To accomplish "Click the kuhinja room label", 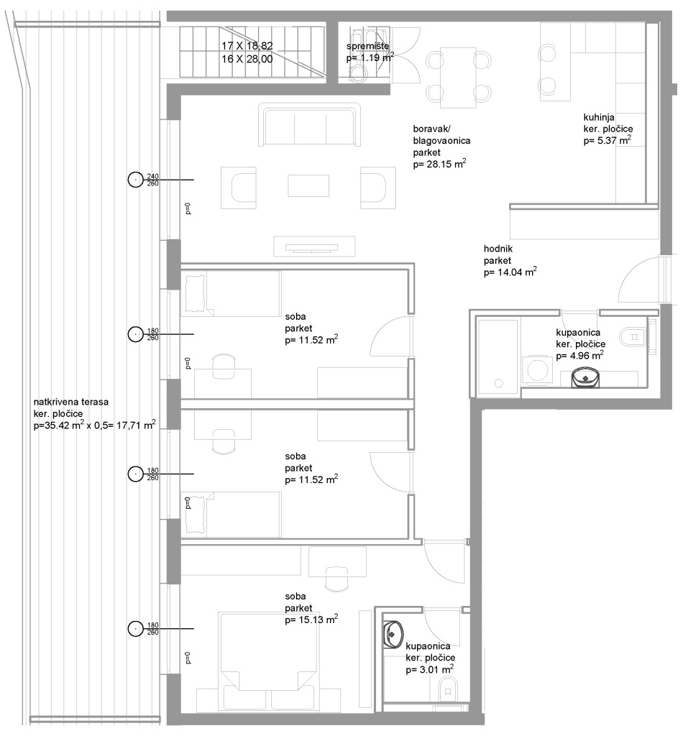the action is [x=598, y=117].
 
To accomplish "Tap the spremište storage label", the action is [x=367, y=46].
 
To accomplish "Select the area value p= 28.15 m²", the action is [x=439, y=164].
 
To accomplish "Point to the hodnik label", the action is [x=498, y=249].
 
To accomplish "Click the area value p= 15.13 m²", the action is [x=311, y=620].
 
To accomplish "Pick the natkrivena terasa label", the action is [x=71, y=402].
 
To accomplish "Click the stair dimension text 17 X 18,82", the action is [x=247, y=46].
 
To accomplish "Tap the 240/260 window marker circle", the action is [x=136, y=179].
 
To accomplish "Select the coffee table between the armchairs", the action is [x=308, y=185].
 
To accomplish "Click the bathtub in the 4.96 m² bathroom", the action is [x=498, y=356].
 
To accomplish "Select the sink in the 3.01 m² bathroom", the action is [x=393, y=635].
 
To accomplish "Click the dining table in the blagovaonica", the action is [x=458, y=78].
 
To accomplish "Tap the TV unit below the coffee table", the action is [x=314, y=247].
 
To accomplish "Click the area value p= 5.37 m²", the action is [x=607, y=140].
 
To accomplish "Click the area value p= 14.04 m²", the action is [x=510, y=272].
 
